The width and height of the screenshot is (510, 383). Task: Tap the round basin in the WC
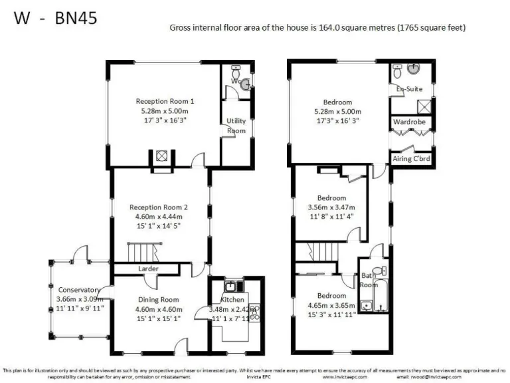246,84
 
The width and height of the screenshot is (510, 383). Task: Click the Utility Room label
236,126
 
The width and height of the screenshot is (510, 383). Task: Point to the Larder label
147,269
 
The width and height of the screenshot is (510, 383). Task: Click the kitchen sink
230,287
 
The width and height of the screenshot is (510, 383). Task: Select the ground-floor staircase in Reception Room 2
141,252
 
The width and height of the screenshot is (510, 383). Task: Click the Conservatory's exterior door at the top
80,252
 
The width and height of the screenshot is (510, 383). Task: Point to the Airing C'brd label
412,159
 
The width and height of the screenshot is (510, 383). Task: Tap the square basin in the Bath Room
365,306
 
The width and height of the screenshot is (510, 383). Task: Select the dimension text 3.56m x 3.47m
331,207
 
